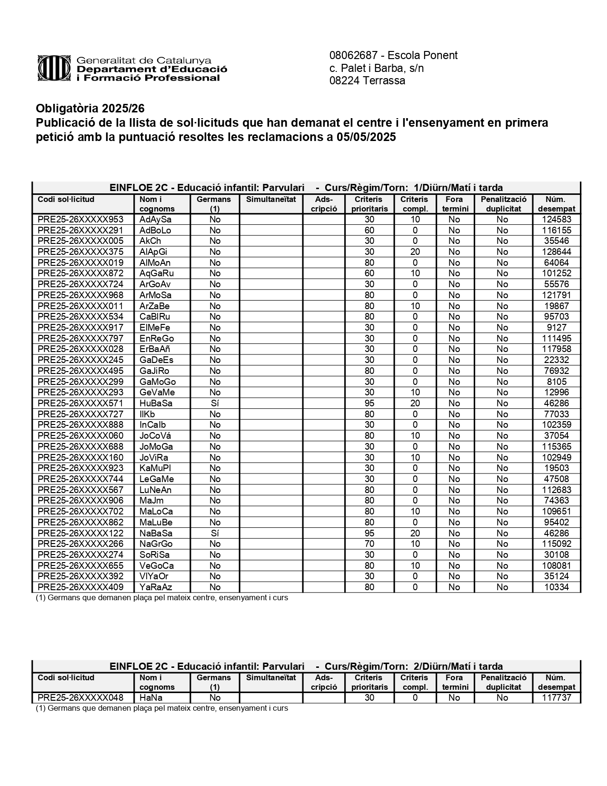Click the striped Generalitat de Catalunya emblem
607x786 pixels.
tap(55, 69)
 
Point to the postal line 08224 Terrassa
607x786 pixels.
tap(367, 81)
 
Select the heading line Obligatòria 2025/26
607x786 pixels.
tap(90, 109)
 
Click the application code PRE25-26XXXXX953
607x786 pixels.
tap(80, 220)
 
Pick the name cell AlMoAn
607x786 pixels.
tap(155, 263)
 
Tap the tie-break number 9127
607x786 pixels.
tap(557, 328)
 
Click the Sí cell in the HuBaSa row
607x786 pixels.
tap(215, 403)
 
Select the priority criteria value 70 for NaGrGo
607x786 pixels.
tap(369, 544)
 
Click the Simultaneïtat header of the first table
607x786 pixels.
tap(271, 200)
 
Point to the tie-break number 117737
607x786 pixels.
tap(557, 698)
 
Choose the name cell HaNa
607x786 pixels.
tap(151, 698)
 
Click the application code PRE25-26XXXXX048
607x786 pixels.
tap(80, 698)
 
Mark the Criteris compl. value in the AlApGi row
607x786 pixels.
tap(415, 252)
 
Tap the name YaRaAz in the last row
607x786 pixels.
tap(155, 587)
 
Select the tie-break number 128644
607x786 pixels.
tap(557, 252)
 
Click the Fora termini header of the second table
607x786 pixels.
tap(455, 682)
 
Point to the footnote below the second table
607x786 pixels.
tap(162, 708)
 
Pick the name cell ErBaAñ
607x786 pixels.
tap(155, 349)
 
